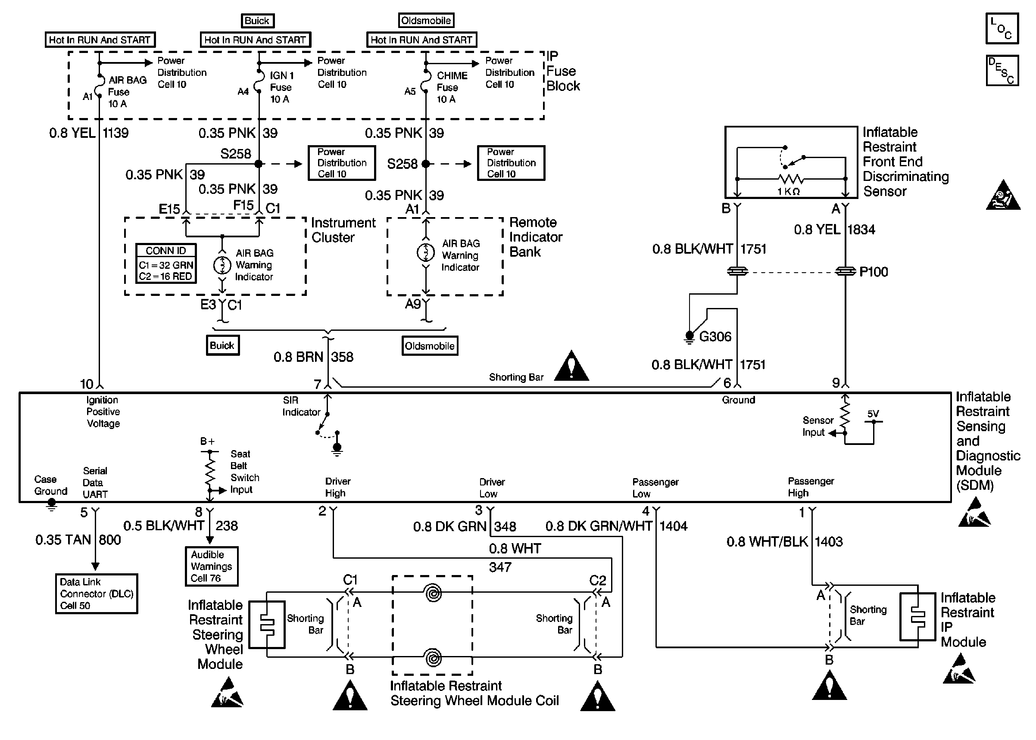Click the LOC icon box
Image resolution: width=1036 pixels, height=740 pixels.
coord(1002,28)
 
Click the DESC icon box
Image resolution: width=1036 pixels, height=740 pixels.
coord(1002,71)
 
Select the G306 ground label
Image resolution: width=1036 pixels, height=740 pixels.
coord(715,337)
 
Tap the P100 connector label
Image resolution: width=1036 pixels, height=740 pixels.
coord(873,272)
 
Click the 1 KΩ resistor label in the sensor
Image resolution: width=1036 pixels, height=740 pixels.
coord(788,192)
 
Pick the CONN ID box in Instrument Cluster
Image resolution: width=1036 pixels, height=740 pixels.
coord(166,263)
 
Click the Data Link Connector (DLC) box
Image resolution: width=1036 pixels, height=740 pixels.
coord(96,594)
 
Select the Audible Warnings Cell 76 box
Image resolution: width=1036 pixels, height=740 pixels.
coord(212,566)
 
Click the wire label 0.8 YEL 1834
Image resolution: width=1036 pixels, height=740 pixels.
coord(834,230)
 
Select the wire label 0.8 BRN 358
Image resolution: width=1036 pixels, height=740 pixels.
coord(313,357)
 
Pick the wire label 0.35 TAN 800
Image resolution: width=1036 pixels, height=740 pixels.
coord(78,540)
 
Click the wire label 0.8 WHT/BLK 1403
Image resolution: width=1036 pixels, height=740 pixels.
coord(784,542)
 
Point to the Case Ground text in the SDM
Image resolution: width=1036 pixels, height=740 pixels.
coord(50,485)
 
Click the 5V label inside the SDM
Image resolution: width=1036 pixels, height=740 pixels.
coord(873,414)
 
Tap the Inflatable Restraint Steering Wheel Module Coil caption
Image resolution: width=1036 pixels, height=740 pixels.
coord(474,693)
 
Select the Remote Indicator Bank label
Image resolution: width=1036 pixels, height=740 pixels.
coord(535,237)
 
